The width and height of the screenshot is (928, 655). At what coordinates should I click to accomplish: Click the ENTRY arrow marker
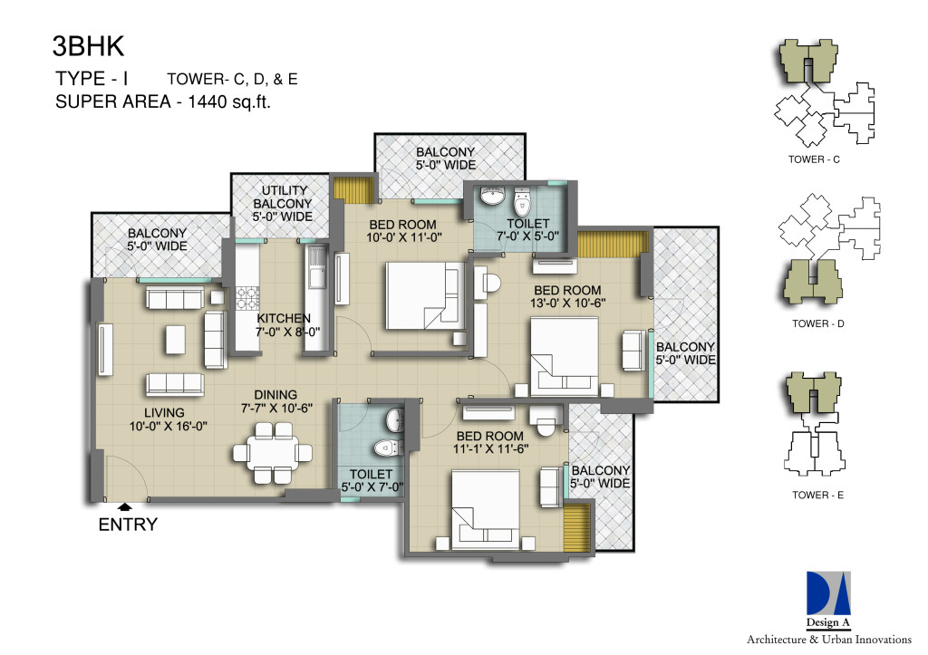124,506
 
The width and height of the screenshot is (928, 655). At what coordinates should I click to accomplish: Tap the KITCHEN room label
284,318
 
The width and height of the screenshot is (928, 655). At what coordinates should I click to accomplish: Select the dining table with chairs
272,453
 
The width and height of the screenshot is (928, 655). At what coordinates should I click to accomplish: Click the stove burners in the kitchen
248,298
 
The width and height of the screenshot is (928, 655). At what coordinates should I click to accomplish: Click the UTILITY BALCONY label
283,204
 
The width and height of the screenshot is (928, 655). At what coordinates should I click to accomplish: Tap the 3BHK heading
89,46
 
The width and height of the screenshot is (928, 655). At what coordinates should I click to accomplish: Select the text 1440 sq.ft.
229,101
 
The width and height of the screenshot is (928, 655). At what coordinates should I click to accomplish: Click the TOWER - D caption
818,323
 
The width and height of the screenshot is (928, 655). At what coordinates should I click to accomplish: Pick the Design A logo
828,599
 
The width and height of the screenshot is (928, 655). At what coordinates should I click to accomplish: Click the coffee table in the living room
175,340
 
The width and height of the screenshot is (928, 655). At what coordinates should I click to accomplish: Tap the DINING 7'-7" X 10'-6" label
276,401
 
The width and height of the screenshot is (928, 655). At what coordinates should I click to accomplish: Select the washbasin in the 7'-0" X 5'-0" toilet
491,197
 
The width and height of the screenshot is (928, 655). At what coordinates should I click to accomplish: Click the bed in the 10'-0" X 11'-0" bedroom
426,295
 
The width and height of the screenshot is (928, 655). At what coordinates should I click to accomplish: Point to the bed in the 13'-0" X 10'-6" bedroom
565,357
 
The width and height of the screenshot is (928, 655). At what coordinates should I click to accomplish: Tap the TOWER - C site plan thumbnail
824,93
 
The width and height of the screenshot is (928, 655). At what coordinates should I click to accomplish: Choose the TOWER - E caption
818,495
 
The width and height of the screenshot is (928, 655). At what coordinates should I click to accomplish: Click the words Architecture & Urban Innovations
828,639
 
